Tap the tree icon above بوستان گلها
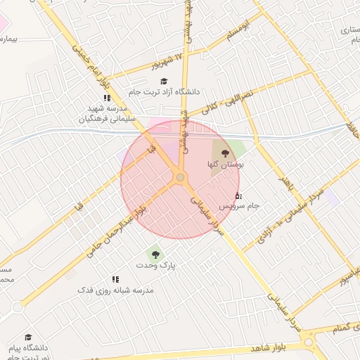[225, 152]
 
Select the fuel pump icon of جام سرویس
[238, 195]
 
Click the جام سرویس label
[239, 206]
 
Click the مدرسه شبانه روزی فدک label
[115, 290]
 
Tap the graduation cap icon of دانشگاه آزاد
[164, 82]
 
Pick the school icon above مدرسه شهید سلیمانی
[107, 98]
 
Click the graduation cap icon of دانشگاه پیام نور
[28, 337]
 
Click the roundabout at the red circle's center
[181, 178]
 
